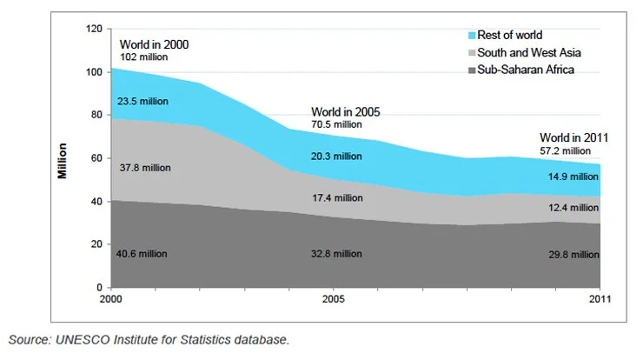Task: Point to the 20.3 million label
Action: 337,157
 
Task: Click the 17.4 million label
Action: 337,198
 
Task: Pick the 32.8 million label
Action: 337,254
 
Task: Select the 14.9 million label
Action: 573,177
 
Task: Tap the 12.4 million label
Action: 573,208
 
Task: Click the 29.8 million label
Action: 573,254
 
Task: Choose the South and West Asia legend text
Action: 527,52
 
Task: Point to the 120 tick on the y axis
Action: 94,29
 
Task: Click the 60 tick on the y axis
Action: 96,158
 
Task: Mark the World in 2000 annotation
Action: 154,44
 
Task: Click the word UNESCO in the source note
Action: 83,339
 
